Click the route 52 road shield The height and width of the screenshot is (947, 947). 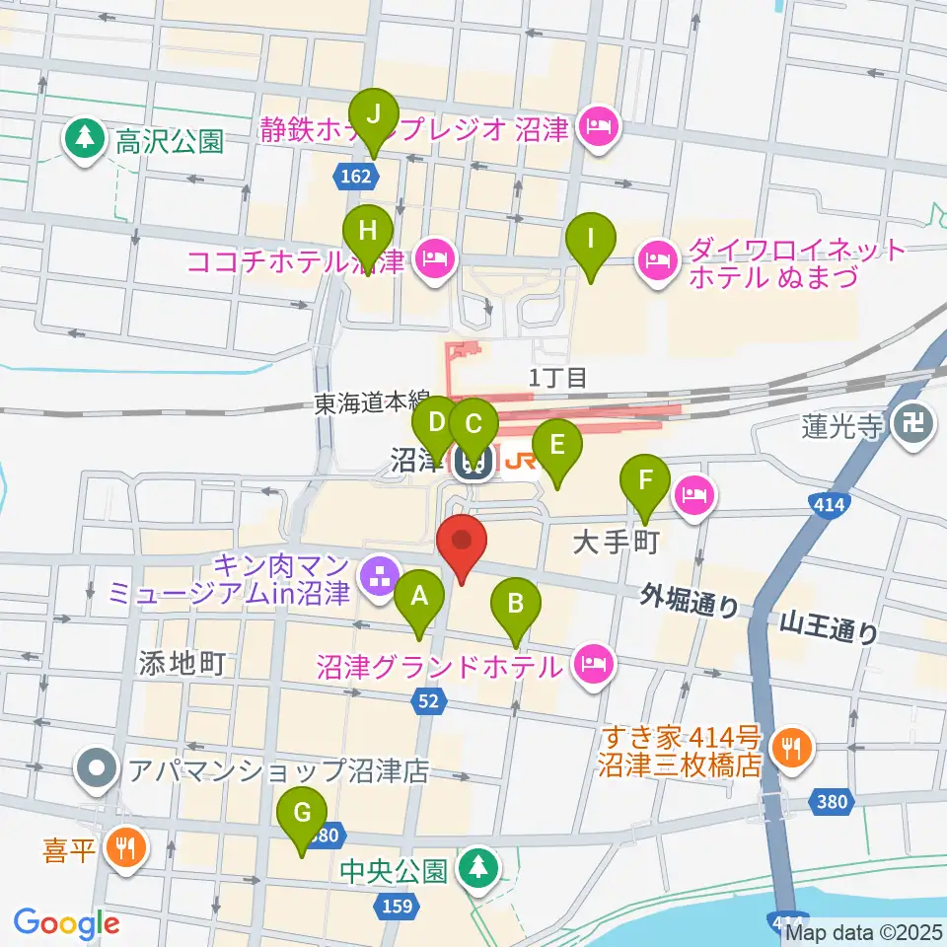tap(431, 701)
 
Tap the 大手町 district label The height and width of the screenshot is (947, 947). tap(615, 543)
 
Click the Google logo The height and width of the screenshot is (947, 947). tap(66, 923)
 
